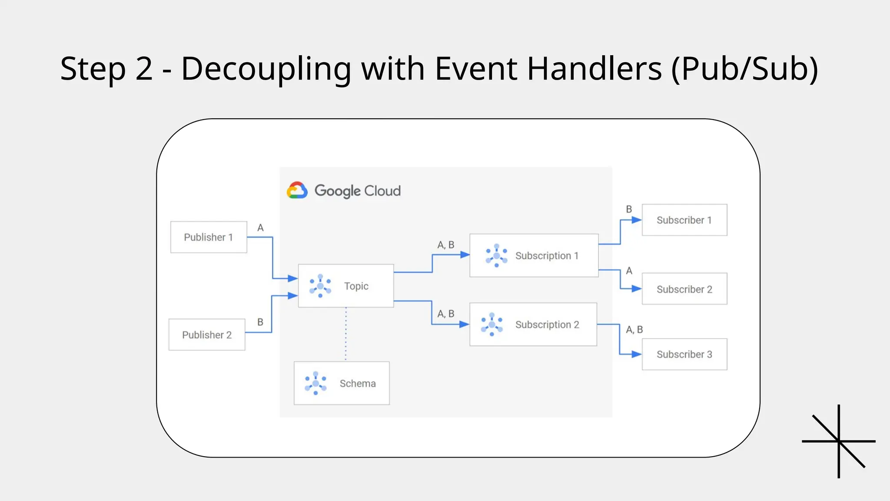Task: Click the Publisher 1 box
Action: (x=209, y=237)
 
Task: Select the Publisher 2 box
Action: (x=207, y=335)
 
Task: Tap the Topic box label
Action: (x=356, y=286)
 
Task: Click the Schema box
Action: (x=342, y=383)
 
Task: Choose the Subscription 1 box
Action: (x=534, y=256)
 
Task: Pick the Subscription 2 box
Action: (x=533, y=324)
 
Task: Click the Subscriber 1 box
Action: (x=684, y=220)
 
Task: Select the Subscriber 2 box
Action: (x=684, y=289)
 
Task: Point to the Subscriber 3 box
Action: (x=684, y=354)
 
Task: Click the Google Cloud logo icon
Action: (x=297, y=190)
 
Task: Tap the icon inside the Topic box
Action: (x=320, y=286)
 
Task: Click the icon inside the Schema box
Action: (x=315, y=383)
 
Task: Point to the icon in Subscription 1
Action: (x=496, y=256)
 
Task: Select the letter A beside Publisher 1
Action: (x=260, y=228)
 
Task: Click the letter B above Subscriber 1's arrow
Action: (x=629, y=209)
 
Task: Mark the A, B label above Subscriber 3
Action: (x=634, y=330)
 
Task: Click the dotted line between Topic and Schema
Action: (x=346, y=334)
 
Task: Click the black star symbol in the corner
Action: (x=839, y=441)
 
